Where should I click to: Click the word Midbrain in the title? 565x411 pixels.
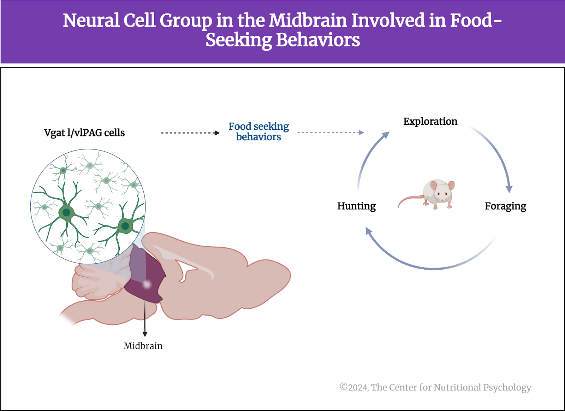coord(308,20)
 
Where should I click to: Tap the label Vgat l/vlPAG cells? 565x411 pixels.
coord(84,133)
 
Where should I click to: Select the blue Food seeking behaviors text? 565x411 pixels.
coord(258,131)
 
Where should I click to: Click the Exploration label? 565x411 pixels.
coord(430,122)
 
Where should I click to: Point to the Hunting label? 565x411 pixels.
coord(356,206)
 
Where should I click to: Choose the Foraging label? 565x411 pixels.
coord(505,206)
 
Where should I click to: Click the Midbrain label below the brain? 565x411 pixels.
coord(143,346)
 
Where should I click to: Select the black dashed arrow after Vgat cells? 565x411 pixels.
coord(190,133)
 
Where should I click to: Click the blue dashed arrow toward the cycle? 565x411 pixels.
coord(331,133)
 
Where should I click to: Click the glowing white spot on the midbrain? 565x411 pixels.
coord(147,284)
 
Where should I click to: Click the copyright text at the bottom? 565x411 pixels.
coord(435,387)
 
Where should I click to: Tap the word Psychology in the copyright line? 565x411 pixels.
coord(507,388)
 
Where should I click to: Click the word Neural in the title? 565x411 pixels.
coord(91,20)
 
